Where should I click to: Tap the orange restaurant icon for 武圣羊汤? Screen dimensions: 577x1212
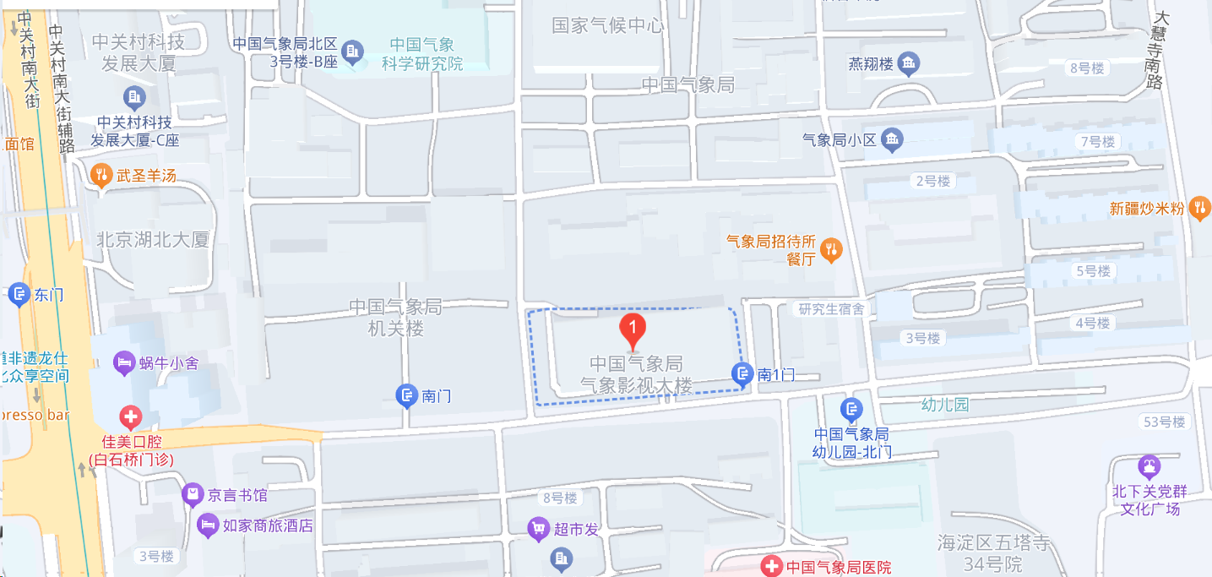(101, 175)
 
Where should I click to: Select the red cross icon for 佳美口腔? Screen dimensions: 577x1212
(130, 416)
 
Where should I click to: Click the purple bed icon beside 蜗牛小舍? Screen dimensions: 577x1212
(124, 363)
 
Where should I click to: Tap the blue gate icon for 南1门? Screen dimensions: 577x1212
(742, 374)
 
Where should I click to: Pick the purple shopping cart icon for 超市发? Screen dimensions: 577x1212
(538, 529)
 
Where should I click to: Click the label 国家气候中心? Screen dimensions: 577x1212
(607, 25)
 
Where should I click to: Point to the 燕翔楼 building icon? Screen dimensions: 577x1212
(909, 63)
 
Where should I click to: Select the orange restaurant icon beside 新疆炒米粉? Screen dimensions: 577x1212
(1198, 208)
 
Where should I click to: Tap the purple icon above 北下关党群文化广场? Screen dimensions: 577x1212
(1148, 466)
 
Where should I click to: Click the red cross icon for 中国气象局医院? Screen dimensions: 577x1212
(770, 567)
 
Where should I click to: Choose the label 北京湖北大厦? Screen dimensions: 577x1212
(153, 240)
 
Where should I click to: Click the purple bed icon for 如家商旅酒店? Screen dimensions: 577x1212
(207, 525)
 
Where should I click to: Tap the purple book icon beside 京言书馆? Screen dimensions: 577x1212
(193, 495)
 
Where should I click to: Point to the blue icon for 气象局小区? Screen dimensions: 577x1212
(892, 139)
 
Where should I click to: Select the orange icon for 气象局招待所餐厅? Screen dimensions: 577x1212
(832, 249)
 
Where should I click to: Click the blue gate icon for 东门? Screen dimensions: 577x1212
(19, 295)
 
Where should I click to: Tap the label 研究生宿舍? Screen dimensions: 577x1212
(832, 309)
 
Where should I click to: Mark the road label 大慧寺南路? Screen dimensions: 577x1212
(1158, 51)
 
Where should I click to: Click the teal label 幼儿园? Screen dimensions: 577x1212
(945, 405)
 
